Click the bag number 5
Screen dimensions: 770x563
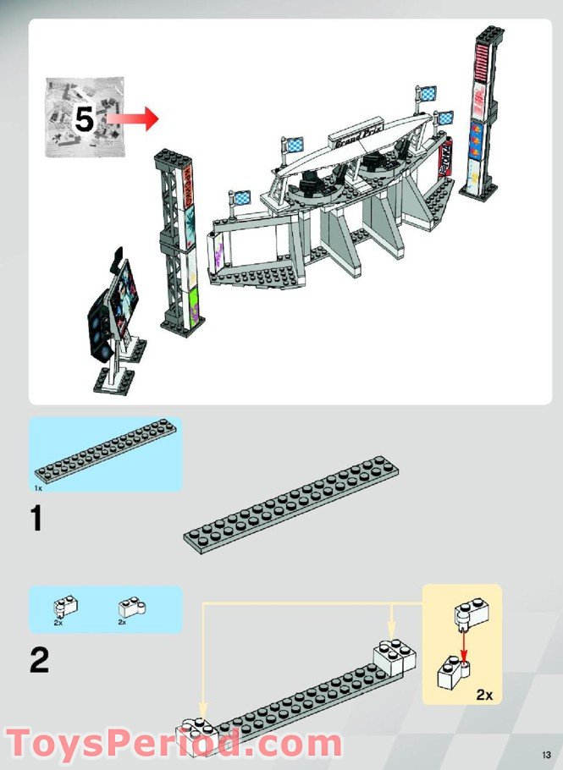tap(84, 119)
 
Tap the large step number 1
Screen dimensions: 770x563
tap(36, 518)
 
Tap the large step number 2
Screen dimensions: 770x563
tap(39, 661)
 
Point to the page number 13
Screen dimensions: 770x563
tap(547, 755)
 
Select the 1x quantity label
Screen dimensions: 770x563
tap(38, 488)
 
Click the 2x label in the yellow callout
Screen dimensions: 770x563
tap(484, 694)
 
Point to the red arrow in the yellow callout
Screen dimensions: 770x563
tap(464, 646)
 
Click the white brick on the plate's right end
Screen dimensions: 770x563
tap(393, 654)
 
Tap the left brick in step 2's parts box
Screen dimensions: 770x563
tap(64, 606)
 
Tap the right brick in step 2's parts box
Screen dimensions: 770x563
tap(130, 606)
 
